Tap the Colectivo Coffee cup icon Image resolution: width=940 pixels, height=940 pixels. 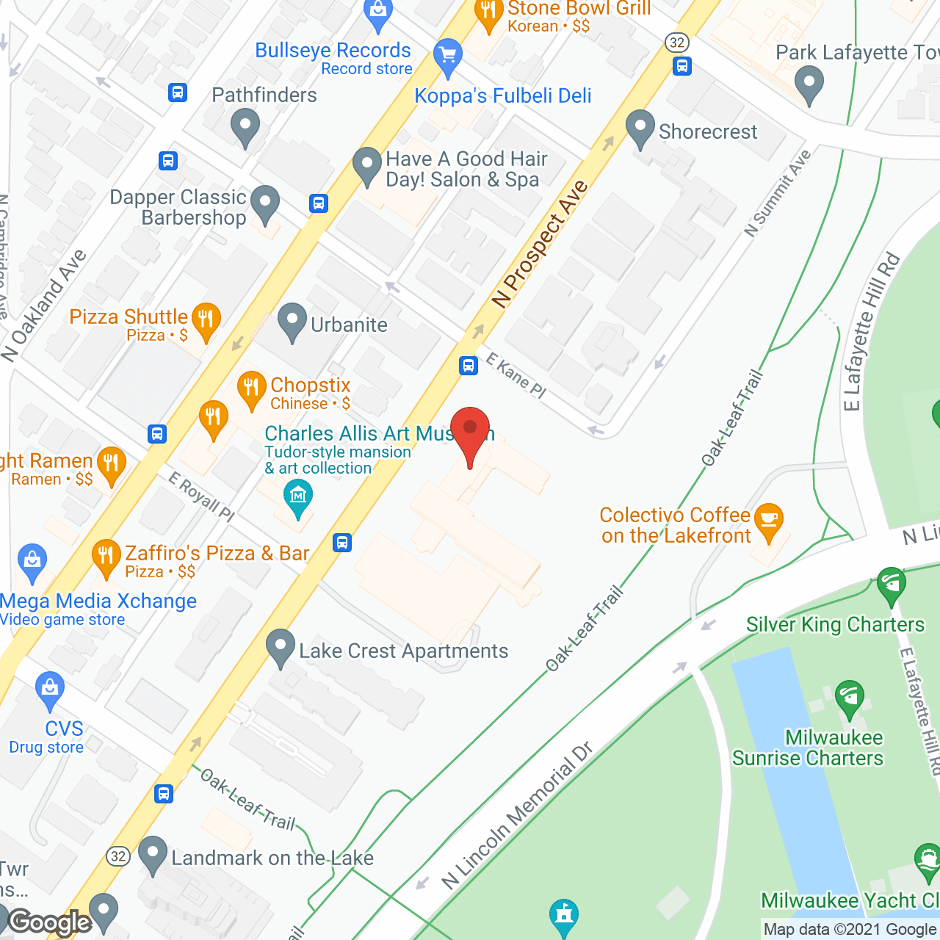pos(769,520)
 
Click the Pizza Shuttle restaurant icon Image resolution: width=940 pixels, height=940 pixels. pos(206,320)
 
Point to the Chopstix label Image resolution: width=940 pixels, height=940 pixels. pos(310,386)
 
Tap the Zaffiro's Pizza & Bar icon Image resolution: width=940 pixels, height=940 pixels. pos(106,556)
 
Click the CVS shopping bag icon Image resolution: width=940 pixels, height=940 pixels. pos(49,690)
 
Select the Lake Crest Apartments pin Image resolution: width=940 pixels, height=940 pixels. pos(281,647)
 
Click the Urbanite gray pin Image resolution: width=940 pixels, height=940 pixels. pos(292,321)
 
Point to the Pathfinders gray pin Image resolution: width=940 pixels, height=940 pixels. pos(245,126)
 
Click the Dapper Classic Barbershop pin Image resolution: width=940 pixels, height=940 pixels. pos(265,203)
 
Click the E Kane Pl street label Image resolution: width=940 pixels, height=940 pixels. pos(516,376)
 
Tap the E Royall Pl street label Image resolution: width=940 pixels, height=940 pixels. pos(201,496)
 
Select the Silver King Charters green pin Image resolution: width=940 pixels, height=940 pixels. pos(892,585)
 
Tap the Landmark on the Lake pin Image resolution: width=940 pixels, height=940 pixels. pos(153,854)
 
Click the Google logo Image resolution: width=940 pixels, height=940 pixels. pos(50,922)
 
